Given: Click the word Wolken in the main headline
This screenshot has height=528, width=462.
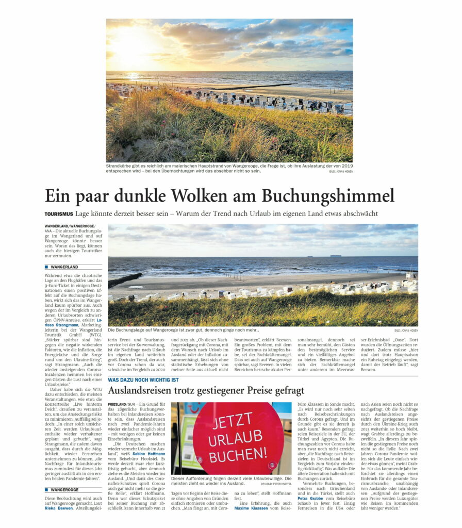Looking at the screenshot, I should click(201, 196).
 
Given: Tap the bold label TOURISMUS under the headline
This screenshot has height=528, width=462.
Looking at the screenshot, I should click(58, 213).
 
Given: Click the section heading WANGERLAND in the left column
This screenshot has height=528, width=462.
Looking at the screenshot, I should click(64, 267).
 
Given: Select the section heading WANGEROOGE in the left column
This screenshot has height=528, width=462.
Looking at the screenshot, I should click(64, 489).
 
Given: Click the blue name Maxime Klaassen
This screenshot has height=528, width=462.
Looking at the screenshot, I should click(252, 508).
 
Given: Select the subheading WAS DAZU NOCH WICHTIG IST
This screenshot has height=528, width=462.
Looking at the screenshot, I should click(143, 379).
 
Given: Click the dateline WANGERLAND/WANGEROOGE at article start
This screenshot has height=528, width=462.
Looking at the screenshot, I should click(69, 226).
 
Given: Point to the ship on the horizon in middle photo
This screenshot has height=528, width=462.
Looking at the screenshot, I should click(335, 255).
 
